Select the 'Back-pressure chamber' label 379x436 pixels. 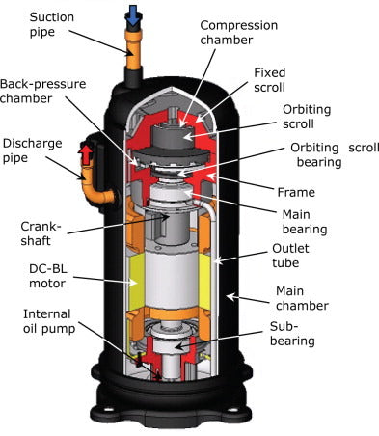tap(39, 91)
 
